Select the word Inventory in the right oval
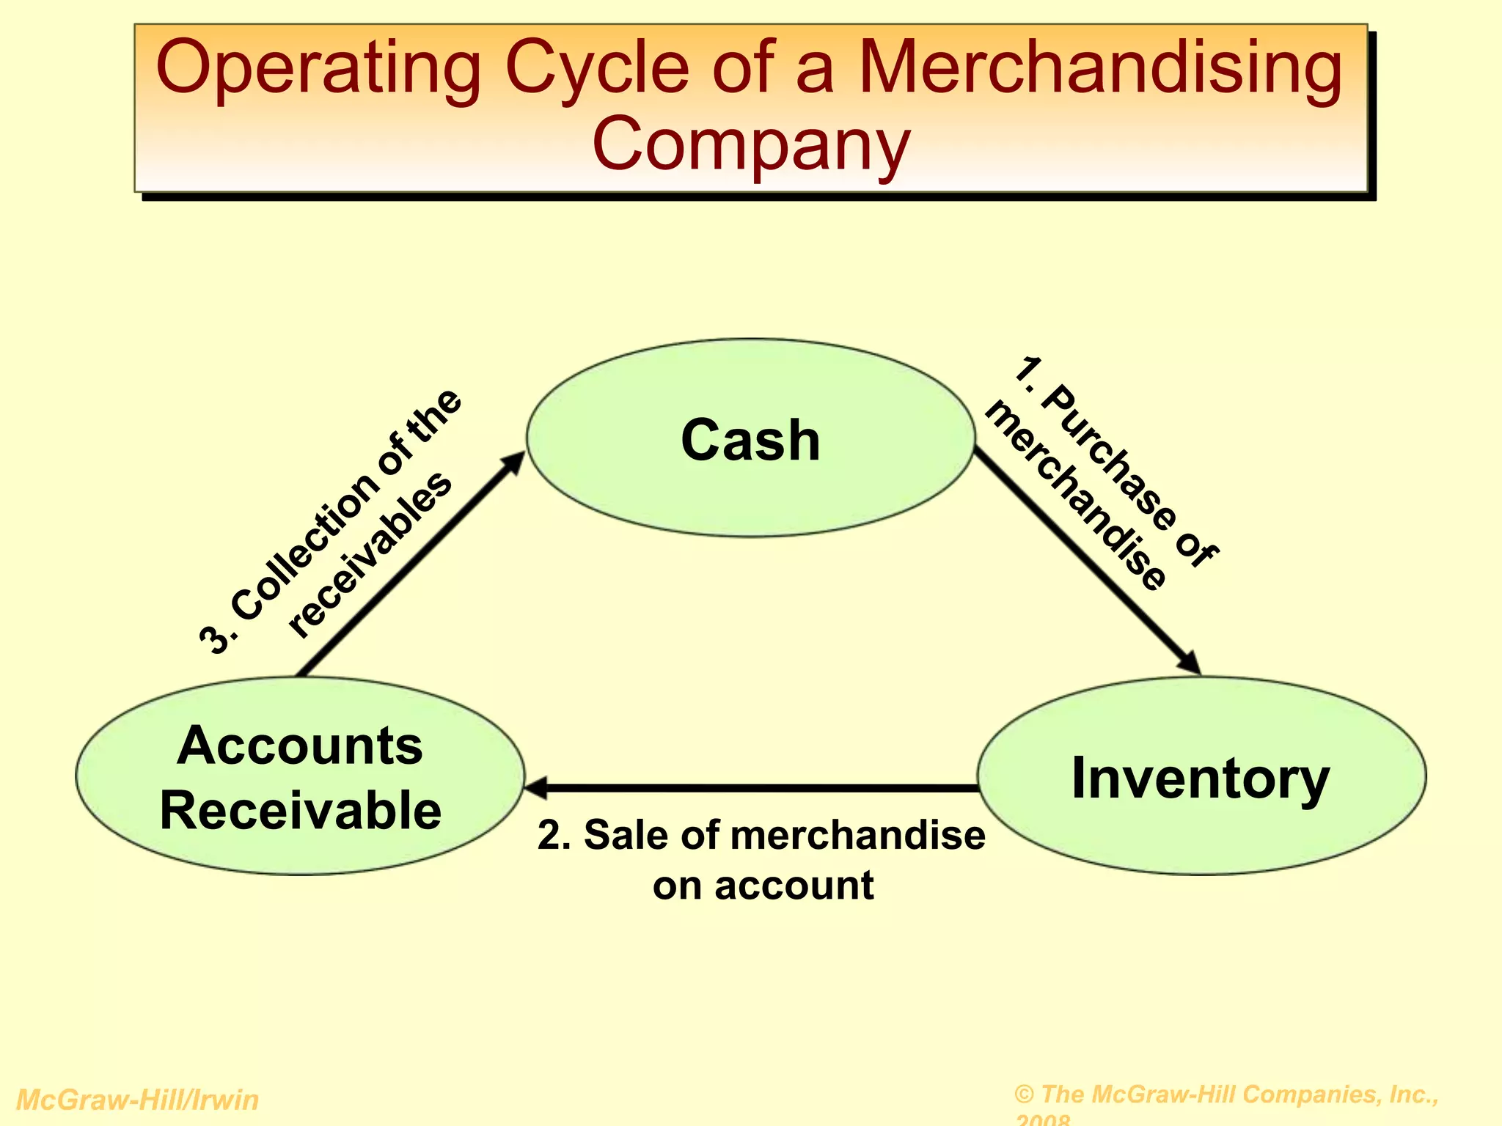(1201, 779)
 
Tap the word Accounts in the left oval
(300, 746)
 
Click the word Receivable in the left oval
(301, 810)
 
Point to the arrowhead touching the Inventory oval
(1190, 663)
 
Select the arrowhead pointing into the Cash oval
(514, 463)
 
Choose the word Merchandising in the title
(1100, 70)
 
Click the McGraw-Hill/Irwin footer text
(137, 1100)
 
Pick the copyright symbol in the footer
(1025, 1094)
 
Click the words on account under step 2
(763, 886)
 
